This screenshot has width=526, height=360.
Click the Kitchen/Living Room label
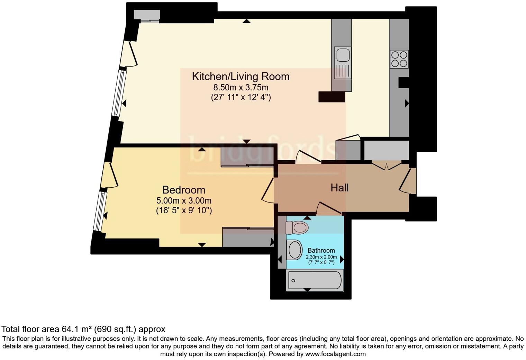click(x=241, y=76)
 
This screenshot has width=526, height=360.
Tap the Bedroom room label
click(x=183, y=190)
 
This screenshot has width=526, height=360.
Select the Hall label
click(x=339, y=188)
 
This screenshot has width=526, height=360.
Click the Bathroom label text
click(x=321, y=250)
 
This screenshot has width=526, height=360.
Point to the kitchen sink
click(x=342, y=55)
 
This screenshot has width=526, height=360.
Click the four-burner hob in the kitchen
click(x=399, y=59)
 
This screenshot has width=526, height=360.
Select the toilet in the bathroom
click(x=297, y=227)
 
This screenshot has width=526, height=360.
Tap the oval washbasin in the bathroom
click(x=295, y=250)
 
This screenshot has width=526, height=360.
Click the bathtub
click(x=315, y=280)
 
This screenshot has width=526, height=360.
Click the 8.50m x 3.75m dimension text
click(x=241, y=87)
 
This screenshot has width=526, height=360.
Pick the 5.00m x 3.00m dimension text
click(x=184, y=200)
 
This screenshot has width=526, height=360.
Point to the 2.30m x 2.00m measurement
click(x=321, y=257)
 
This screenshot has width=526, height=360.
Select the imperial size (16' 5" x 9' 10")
click(x=184, y=210)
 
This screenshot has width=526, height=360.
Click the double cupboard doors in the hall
click(x=387, y=165)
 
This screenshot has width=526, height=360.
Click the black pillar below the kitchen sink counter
click(x=331, y=97)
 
